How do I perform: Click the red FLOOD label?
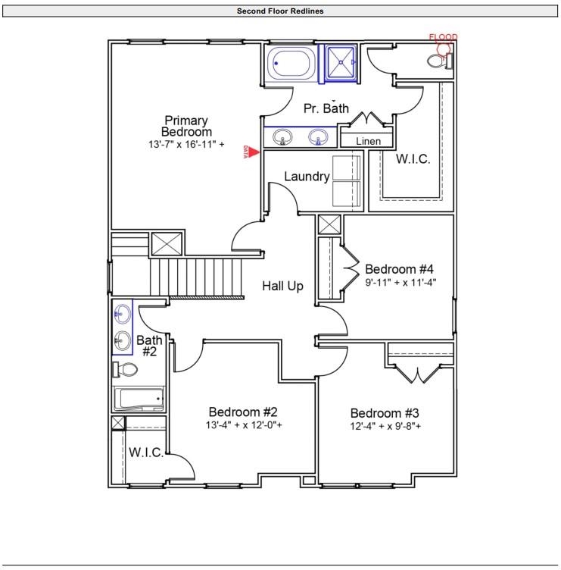443,36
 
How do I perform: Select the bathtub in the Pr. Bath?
291,64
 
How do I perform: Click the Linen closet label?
368,141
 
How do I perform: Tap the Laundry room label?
307,177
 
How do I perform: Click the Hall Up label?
283,286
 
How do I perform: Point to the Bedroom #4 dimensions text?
400,282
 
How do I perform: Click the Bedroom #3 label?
385,413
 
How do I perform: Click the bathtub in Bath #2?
139,398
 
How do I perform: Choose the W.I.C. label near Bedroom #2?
146,453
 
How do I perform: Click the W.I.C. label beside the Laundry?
413,159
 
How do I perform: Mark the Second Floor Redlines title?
280,11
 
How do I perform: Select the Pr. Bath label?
326,108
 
